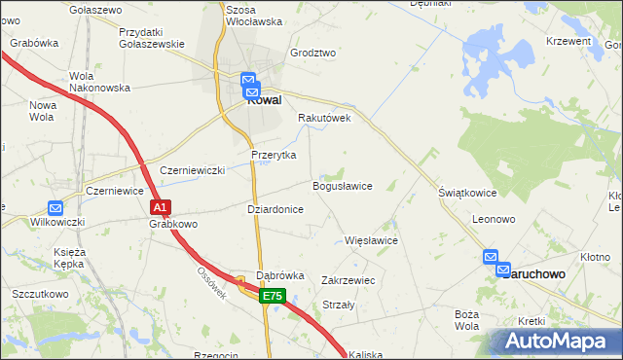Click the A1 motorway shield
point(162,207)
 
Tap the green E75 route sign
point(273,297)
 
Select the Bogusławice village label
point(342,186)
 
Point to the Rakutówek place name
point(324,118)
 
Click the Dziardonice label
point(275,209)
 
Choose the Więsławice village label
point(372,239)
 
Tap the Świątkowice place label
point(467,193)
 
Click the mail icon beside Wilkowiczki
point(55,207)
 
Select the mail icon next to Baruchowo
point(494,257)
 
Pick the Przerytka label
point(274,155)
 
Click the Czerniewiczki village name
point(192,169)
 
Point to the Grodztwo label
point(312,54)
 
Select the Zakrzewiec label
point(348,279)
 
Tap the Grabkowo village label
point(174,224)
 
